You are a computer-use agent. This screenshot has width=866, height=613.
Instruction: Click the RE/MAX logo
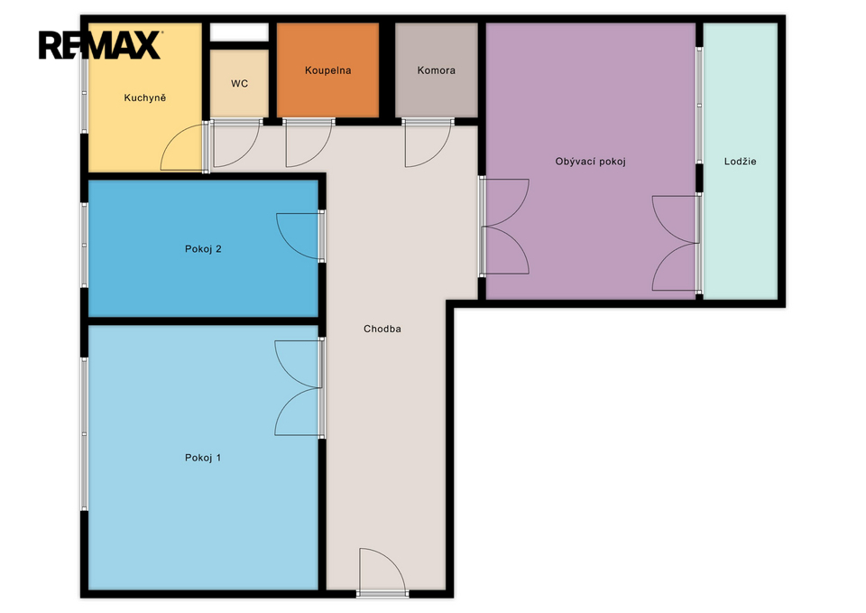click(x=100, y=45)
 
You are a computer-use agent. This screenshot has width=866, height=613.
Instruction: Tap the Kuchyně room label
click(x=144, y=98)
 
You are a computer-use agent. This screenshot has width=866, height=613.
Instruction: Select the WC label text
click(x=239, y=83)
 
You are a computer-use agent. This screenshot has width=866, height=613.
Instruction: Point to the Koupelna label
click(x=328, y=70)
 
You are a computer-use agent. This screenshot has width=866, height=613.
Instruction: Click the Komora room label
click(x=437, y=70)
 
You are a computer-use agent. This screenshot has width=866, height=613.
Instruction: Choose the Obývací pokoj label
click(x=590, y=162)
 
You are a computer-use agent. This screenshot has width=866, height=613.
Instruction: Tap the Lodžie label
click(x=740, y=162)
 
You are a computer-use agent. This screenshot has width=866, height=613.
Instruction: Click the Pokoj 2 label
click(x=203, y=249)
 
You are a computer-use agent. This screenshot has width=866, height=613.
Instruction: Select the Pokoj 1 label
click(x=203, y=458)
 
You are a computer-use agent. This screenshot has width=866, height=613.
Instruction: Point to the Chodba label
click(x=382, y=329)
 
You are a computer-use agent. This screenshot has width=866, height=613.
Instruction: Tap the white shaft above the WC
click(x=239, y=33)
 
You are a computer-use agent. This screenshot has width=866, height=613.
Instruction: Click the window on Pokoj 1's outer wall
click(x=85, y=434)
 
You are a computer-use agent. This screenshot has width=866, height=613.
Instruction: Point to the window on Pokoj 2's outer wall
click(x=85, y=246)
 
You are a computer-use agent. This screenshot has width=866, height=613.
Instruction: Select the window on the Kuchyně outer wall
click(x=85, y=94)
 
